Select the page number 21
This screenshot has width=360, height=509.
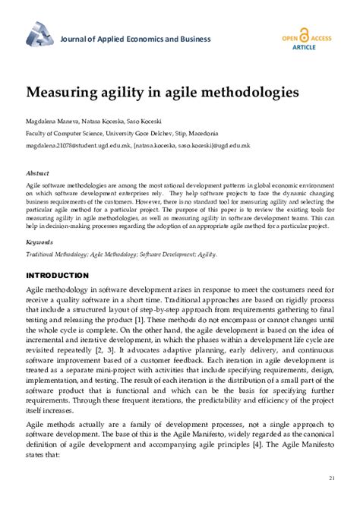point(332,477)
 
